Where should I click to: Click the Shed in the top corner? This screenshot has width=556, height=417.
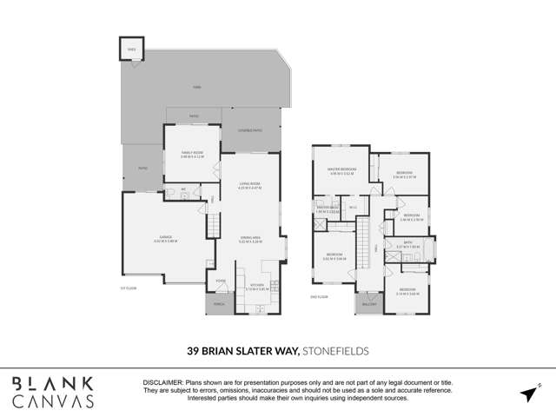coord(131,50)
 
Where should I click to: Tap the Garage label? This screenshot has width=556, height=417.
coord(165,240)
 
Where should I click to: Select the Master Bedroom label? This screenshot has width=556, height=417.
coord(341,171)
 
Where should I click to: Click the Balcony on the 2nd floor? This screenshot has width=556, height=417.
coord(367,304)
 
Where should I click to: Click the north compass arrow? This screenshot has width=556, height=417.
coord(528,393)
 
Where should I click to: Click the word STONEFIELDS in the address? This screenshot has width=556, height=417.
coord(335,351)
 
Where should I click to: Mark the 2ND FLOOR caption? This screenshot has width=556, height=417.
coord(318,297)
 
